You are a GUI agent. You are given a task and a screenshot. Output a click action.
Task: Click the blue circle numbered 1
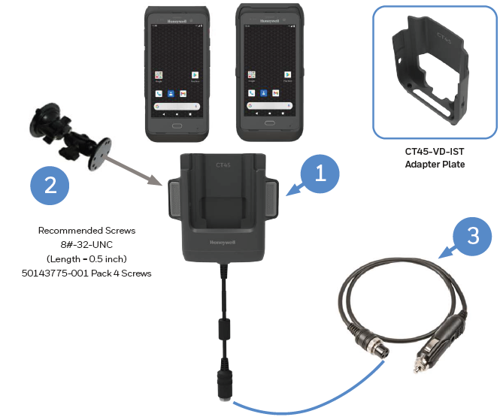[x=320, y=174]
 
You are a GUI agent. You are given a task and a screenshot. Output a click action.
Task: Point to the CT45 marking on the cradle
[x=223, y=164]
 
